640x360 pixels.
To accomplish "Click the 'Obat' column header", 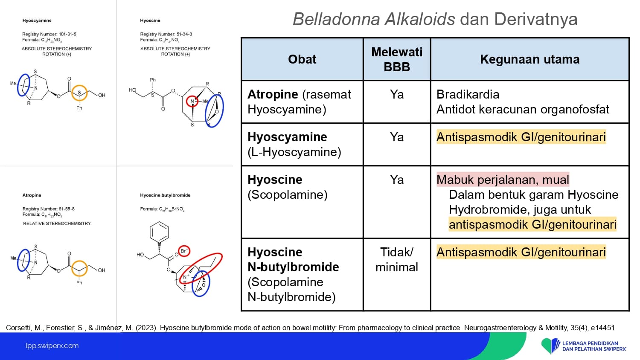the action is coord(302,59).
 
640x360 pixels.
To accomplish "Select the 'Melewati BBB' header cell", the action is coord(396,59).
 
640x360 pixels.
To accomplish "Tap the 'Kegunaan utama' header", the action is coord(530,59).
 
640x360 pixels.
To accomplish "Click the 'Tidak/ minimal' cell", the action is coord(396,260).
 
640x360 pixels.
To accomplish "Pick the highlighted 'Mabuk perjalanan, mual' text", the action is coord(503,180).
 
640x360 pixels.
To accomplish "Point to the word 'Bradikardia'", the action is coord(468,95).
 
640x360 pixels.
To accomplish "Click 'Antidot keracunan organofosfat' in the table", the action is coord(523,110).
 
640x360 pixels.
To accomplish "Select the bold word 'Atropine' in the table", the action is coord(273,95).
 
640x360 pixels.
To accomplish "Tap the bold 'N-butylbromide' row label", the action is coord(293,267).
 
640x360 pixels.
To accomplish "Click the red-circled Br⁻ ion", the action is coord(184,251).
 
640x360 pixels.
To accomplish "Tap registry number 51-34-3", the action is coord(184,34).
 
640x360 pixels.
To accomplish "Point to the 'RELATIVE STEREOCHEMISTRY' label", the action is coord(57,224).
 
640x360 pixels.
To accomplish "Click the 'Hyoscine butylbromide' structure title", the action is coord(165,195).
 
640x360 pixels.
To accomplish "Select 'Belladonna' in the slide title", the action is coord(337,20).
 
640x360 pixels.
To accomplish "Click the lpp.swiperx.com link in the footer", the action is coord(52,346).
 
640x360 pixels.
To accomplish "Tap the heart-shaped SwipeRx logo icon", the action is coord(550,345).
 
